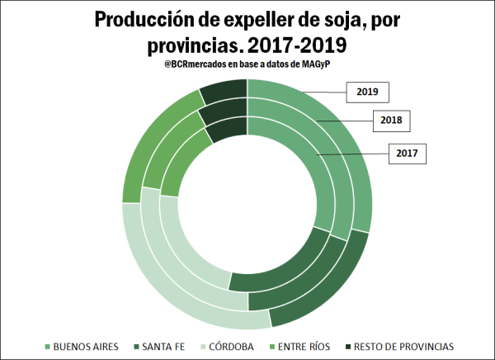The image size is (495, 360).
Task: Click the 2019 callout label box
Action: (367, 92)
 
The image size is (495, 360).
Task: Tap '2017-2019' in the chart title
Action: (284, 43)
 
